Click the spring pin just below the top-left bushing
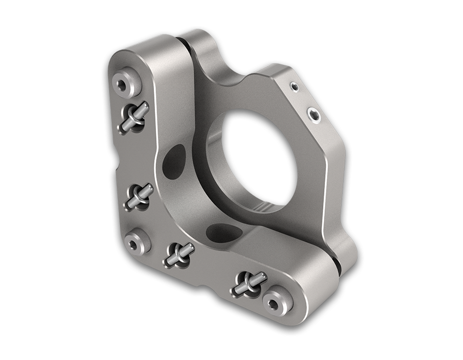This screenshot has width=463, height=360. pyautogui.click(x=134, y=118)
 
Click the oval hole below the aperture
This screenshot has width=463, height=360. pyautogui.click(x=218, y=230)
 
